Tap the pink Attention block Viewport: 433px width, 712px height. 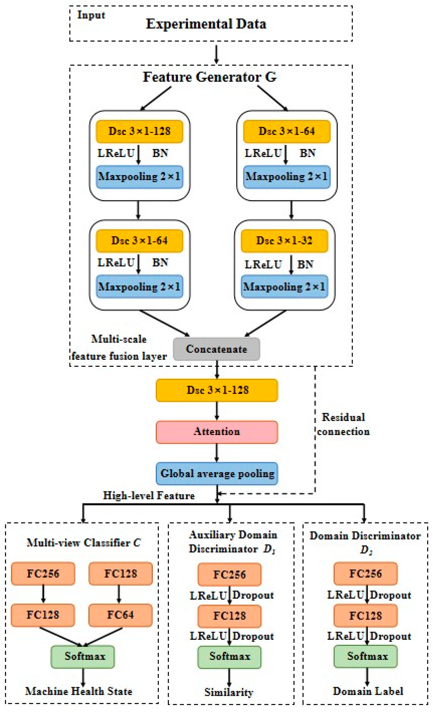pyautogui.click(x=217, y=432)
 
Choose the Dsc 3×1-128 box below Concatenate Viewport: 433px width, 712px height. pyautogui.click(x=217, y=390)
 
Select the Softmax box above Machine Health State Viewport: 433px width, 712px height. pyautogui.click(x=83, y=656)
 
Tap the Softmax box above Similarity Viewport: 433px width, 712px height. pyautogui.click(x=229, y=656)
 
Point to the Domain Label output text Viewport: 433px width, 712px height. pyautogui.click(x=368, y=691)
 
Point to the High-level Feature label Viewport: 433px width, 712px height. pyautogui.click(x=149, y=495)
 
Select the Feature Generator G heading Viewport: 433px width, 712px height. pyautogui.click(x=210, y=77)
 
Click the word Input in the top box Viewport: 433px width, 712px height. pyautogui.click(x=91, y=15)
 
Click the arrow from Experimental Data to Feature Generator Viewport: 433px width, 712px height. pyautogui.click(x=216, y=54)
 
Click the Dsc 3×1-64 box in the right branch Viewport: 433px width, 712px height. pyautogui.click(x=286, y=131)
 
